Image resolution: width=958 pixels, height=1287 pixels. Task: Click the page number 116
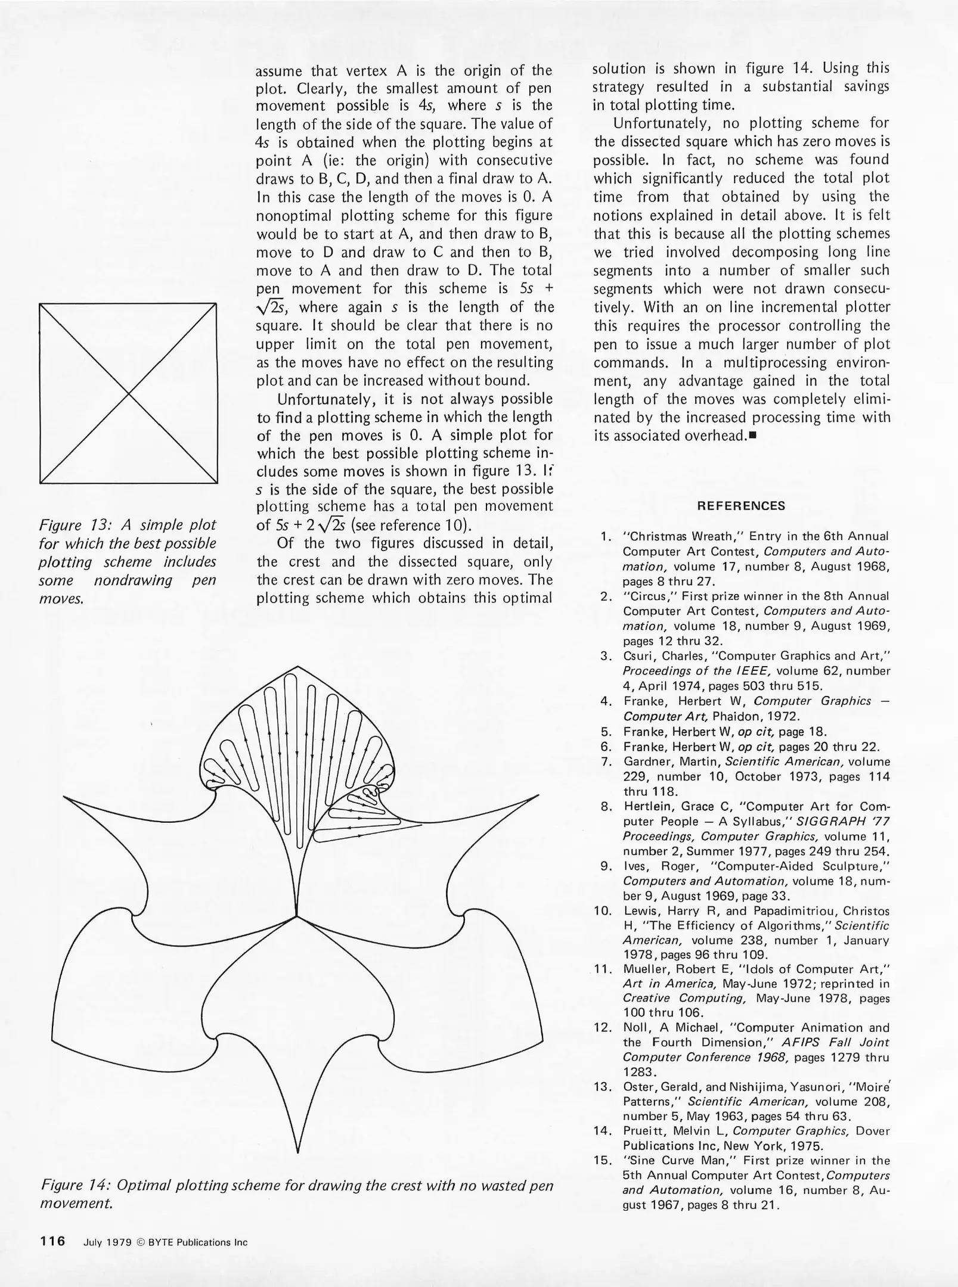point(52,1242)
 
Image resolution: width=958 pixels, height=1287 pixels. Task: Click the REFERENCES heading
point(741,506)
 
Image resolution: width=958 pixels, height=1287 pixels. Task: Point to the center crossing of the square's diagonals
point(128,393)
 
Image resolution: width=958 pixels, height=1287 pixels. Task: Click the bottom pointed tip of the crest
point(297,1152)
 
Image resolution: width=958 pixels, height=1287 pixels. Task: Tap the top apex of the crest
point(296,665)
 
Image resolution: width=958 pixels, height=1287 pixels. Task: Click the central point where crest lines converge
point(296,916)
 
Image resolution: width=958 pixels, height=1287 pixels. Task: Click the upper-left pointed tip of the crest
point(64,797)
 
